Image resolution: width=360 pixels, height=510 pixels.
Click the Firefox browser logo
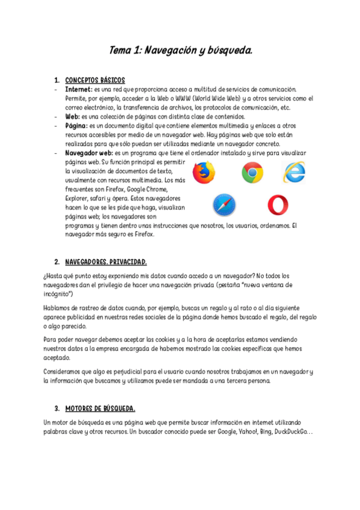pyautogui.click(x=204, y=173)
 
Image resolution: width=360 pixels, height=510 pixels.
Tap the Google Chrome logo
pyautogui.click(x=252, y=173)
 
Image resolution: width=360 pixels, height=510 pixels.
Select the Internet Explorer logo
pyautogui.click(x=294, y=173)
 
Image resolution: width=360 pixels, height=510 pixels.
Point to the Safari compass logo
pyautogui.click(x=224, y=205)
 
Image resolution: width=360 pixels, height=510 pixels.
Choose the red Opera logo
pyautogui.click(x=277, y=205)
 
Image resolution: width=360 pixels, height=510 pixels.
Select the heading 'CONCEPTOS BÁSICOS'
pyautogui.click(x=95, y=80)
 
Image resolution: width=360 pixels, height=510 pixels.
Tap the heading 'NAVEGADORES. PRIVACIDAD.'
pyautogui.click(x=105, y=262)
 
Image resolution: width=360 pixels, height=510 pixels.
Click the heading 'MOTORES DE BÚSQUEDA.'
pyautogui.click(x=100, y=408)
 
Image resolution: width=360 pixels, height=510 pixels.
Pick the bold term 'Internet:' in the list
pyautogui.click(x=79, y=89)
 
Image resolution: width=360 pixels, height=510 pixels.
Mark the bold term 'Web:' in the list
pyautogui.click(x=72, y=116)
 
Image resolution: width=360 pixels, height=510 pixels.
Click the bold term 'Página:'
pyautogui.click(x=76, y=125)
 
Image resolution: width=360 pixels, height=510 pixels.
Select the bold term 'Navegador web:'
pyautogui.click(x=88, y=153)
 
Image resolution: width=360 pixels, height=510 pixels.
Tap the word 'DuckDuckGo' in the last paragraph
pyautogui.click(x=293, y=432)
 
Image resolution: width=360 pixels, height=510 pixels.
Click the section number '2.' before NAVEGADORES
pyautogui.click(x=56, y=262)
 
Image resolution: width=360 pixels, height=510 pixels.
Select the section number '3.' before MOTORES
pyautogui.click(x=56, y=408)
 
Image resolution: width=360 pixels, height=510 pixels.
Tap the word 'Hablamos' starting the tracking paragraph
pyautogui.click(x=59, y=308)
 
